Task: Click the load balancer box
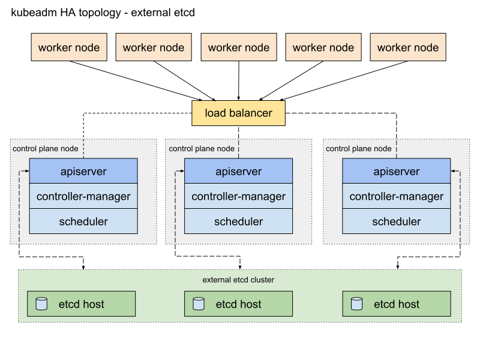coord(238,113)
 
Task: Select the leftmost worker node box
coord(69,47)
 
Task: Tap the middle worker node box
coord(239,47)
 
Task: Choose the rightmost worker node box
coord(408,47)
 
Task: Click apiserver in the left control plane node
coord(83,171)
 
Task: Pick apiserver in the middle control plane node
coord(239,171)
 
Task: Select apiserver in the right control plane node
coord(397,171)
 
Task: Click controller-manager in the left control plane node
coord(83,196)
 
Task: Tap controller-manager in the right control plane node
coord(397,196)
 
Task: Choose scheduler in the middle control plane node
coord(239,221)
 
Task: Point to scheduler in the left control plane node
coord(83,221)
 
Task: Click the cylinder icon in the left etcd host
coord(41,304)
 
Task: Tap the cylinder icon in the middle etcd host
coord(199,304)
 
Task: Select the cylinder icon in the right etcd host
coord(356,304)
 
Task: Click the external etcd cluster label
coord(238,280)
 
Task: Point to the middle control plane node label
coord(202,148)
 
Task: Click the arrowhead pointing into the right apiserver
coord(453,171)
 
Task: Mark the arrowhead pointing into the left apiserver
coord(26,171)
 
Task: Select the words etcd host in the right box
coord(397,304)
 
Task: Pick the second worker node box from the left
coord(154,47)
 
